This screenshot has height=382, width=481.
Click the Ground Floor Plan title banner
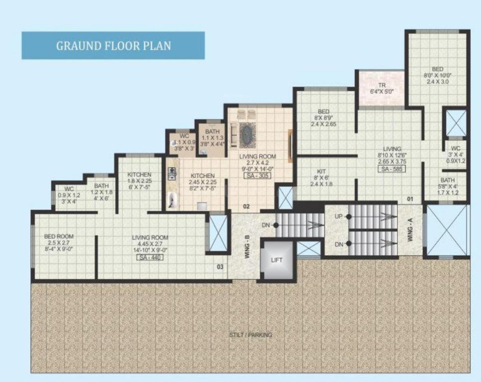coord(113,46)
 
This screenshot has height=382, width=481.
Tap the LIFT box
coord(276,260)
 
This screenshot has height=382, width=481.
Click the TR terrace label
coord(382,85)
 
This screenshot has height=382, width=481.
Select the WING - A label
coord(410,231)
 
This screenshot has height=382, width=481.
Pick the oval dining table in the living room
coord(246,134)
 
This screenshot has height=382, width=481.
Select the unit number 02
coord(245,206)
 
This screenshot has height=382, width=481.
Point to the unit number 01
coord(410,199)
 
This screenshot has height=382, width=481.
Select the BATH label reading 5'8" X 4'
coord(448,180)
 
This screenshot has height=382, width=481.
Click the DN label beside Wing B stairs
coord(266,225)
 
